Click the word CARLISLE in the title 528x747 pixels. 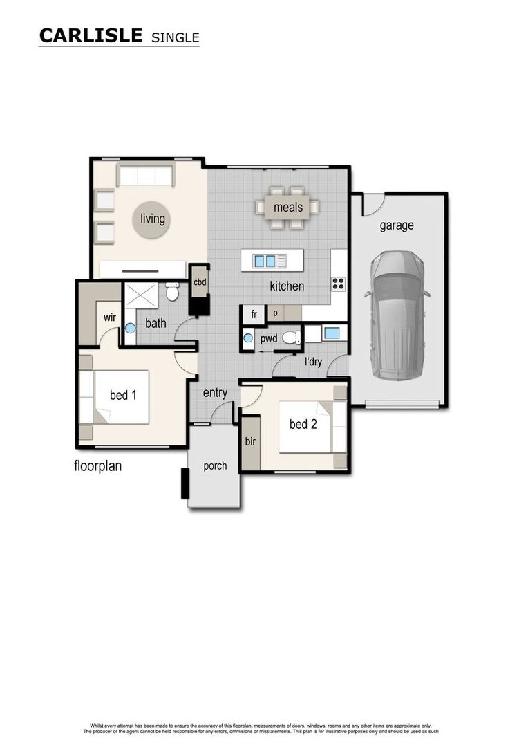pyautogui.click(x=91, y=35)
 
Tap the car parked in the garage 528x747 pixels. pyautogui.click(x=397, y=315)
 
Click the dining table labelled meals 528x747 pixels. pyautogui.click(x=288, y=207)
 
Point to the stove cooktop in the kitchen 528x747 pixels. pyautogui.click(x=338, y=284)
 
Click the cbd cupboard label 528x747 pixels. pyautogui.click(x=200, y=282)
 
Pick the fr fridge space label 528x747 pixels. pyautogui.click(x=254, y=315)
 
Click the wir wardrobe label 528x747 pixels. pyautogui.click(x=109, y=317)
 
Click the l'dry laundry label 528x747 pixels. pyautogui.click(x=313, y=361)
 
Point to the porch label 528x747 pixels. pyautogui.click(x=215, y=465)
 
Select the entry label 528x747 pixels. pyautogui.click(x=215, y=393)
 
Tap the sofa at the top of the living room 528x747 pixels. pyautogui.click(x=145, y=176)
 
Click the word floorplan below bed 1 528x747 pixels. pyautogui.click(x=97, y=465)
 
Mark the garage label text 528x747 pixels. pyautogui.click(x=397, y=225)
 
